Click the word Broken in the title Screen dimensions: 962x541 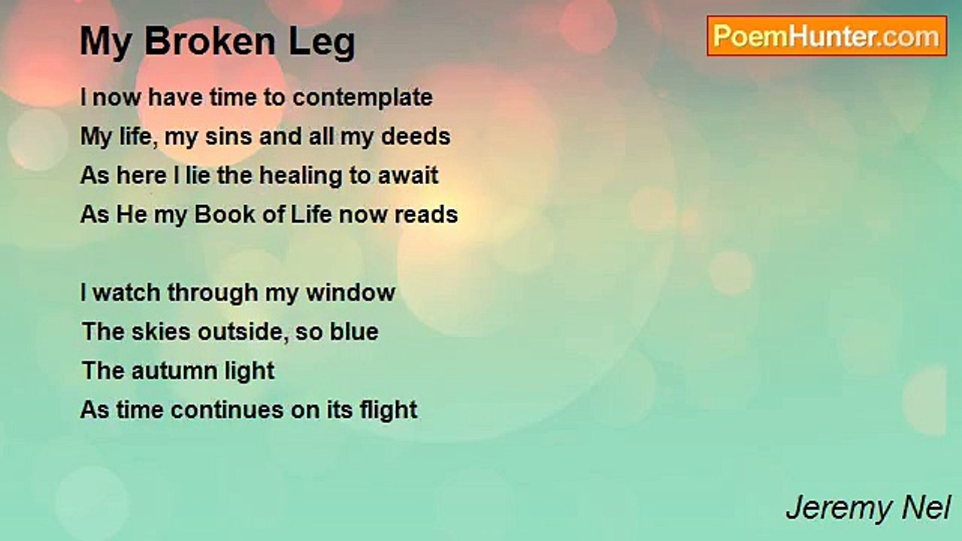(x=210, y=41)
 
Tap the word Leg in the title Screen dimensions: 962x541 (x=322, y=44)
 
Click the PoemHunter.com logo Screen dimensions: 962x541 (x=827, y=36)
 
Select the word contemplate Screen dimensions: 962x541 (x=362, y=98)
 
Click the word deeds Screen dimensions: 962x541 (x=416, y=137)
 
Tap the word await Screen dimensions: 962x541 (x=408, y=176)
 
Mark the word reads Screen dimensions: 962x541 (x=426, y=215)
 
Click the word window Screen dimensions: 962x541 (x=350, y=293)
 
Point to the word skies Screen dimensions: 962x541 (x=161, y=332)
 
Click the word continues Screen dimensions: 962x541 (x=227, y=410)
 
